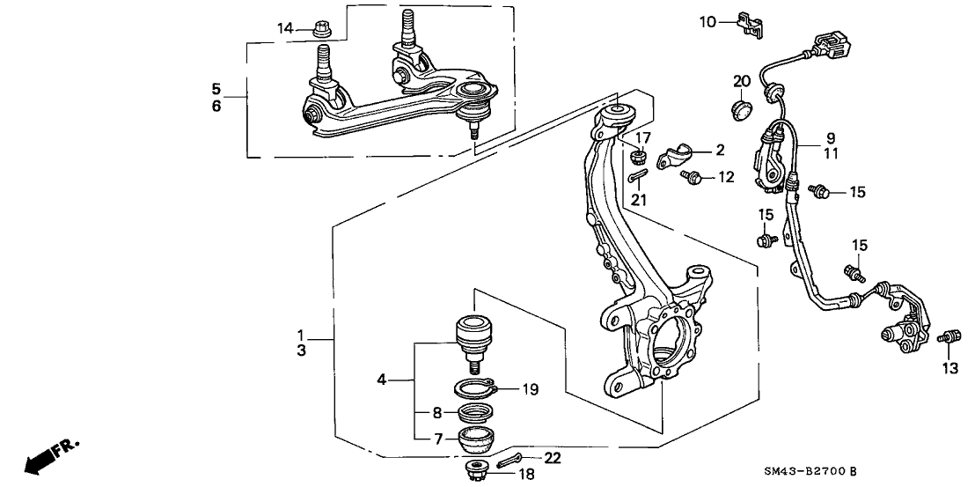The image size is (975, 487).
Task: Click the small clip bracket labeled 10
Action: pyautogui.click(x=748, y=24)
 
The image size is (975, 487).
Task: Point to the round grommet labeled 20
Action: pyautogui.click(x=742, y=110)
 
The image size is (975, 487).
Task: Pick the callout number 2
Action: pyautogui.click(x=719, y=151)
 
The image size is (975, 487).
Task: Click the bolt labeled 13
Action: pyautogui.click(x=948, y=336)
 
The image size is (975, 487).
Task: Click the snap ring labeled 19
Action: pyautogui.click(x=478, y=388)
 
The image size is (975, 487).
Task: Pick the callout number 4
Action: pyautogui.click(x=382, y=380)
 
